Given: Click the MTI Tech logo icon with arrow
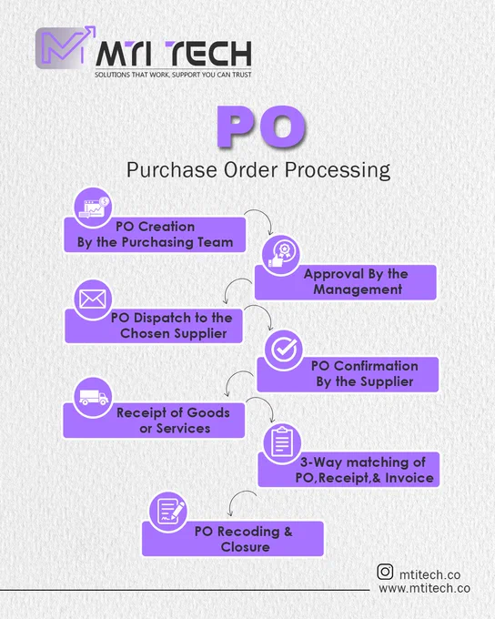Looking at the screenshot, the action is [x=66, y=47].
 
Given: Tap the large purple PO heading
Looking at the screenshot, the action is [x=262, y=127].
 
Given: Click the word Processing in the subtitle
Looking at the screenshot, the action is [x=338, y=170].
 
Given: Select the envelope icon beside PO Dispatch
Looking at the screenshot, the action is [x=93, y=299].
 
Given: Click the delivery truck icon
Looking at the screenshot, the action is [x=93, y=397].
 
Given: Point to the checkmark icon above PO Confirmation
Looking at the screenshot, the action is [x=283, y=349].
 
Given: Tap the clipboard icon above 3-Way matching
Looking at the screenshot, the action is [x=282, y=443].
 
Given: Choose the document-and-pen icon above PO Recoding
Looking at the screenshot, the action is [x=168, y=512].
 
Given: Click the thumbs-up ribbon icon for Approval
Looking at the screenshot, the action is [x=280, y=255].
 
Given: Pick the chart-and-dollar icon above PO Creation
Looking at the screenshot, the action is [x=93, y=208].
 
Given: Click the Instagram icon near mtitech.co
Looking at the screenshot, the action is [x=385, y=572].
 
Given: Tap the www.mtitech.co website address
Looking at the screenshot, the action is [x=424, y=588].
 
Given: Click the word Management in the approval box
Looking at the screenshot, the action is [x=358, y=289].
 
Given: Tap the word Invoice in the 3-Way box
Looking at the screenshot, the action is [x=409, y=478].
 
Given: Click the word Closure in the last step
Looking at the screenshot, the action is [x=245, y=547].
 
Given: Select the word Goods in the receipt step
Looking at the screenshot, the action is [x=208, y=413].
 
